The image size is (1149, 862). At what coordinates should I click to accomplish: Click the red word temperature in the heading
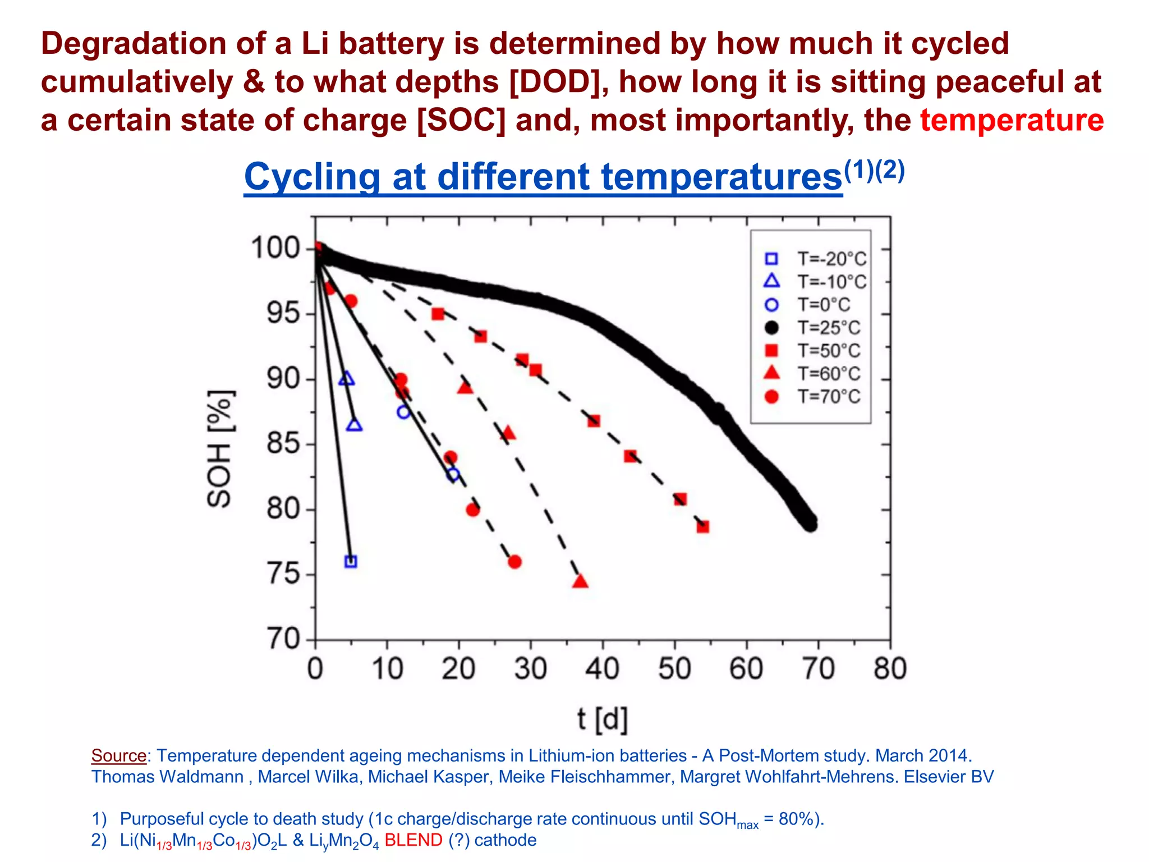click(1012, 120)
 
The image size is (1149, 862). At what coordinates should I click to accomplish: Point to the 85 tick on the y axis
click(283, 444)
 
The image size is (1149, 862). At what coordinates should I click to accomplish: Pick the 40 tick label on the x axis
click(602, 669)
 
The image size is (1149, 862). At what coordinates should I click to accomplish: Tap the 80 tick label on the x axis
click(890, 669)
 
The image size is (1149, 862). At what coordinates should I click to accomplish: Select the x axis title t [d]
click(603, 719)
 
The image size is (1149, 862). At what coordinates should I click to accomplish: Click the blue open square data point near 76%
click(351, 561)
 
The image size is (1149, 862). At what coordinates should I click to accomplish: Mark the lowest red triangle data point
click(580, 582)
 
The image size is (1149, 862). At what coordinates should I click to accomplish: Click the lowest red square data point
click(703, 526)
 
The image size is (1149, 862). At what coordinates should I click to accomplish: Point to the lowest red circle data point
click(514, 562)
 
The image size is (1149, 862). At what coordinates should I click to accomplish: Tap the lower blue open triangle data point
click(354, 425)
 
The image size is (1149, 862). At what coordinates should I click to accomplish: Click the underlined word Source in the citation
click(119, 756)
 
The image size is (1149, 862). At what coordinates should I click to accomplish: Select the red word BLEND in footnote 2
click(413, 840)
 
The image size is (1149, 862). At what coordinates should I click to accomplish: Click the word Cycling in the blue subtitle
click(312, 177)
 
